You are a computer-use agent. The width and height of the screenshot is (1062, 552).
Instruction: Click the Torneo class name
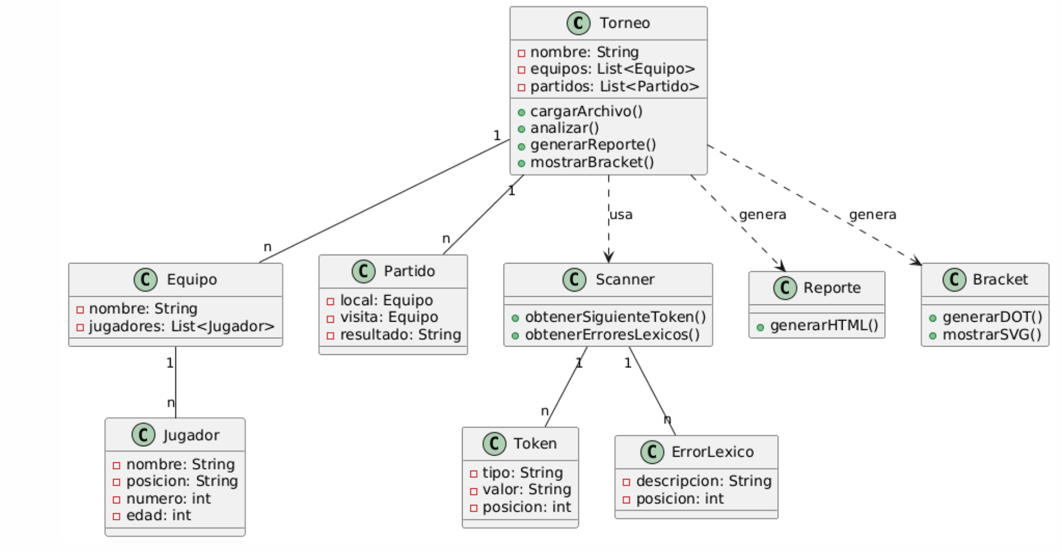(x=624, y=23)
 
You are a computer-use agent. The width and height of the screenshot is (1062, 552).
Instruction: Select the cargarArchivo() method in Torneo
(x=586, y=111)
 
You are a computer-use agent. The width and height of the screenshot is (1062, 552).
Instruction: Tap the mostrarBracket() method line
(x=592, y=162)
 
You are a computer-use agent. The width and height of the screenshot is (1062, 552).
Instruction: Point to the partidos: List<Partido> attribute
(x=614, y=86)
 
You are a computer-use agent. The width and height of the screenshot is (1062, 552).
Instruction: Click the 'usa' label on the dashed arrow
(x=621, y=215)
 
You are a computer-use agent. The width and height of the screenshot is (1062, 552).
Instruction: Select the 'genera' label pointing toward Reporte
(x=762, y=215)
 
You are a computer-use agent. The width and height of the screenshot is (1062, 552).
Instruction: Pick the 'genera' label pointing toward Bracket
(x=872, y=215)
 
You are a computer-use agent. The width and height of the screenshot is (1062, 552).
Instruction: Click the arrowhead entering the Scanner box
(x=609, y=257)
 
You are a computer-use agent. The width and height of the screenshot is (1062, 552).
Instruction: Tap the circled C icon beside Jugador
(x=143, y=435)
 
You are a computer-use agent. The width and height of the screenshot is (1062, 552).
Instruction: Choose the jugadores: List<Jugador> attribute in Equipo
(x=181, y=327)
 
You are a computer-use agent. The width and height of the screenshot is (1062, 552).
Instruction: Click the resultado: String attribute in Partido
(x=400, y=335)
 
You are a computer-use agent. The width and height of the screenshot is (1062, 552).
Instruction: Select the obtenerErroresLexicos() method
(x=612, y=335)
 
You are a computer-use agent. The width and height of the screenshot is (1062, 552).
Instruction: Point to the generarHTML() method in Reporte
(x=824, y=326)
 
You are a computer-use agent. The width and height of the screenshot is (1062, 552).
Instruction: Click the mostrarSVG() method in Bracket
(x=991, y=335)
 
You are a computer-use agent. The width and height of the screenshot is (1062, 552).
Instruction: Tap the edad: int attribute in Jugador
(x=158, y=515)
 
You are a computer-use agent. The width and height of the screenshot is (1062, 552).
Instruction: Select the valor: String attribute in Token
(x=526, y=489)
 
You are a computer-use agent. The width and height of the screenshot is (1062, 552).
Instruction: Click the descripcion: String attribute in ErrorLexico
(x=703, y=481)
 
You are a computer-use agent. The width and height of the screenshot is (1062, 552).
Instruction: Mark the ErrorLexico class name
(x=712, y=452)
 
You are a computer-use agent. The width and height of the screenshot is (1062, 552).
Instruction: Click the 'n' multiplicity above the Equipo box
(x=268, y=247)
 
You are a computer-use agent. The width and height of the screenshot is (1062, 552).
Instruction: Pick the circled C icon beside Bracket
(x=954, y=280)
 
